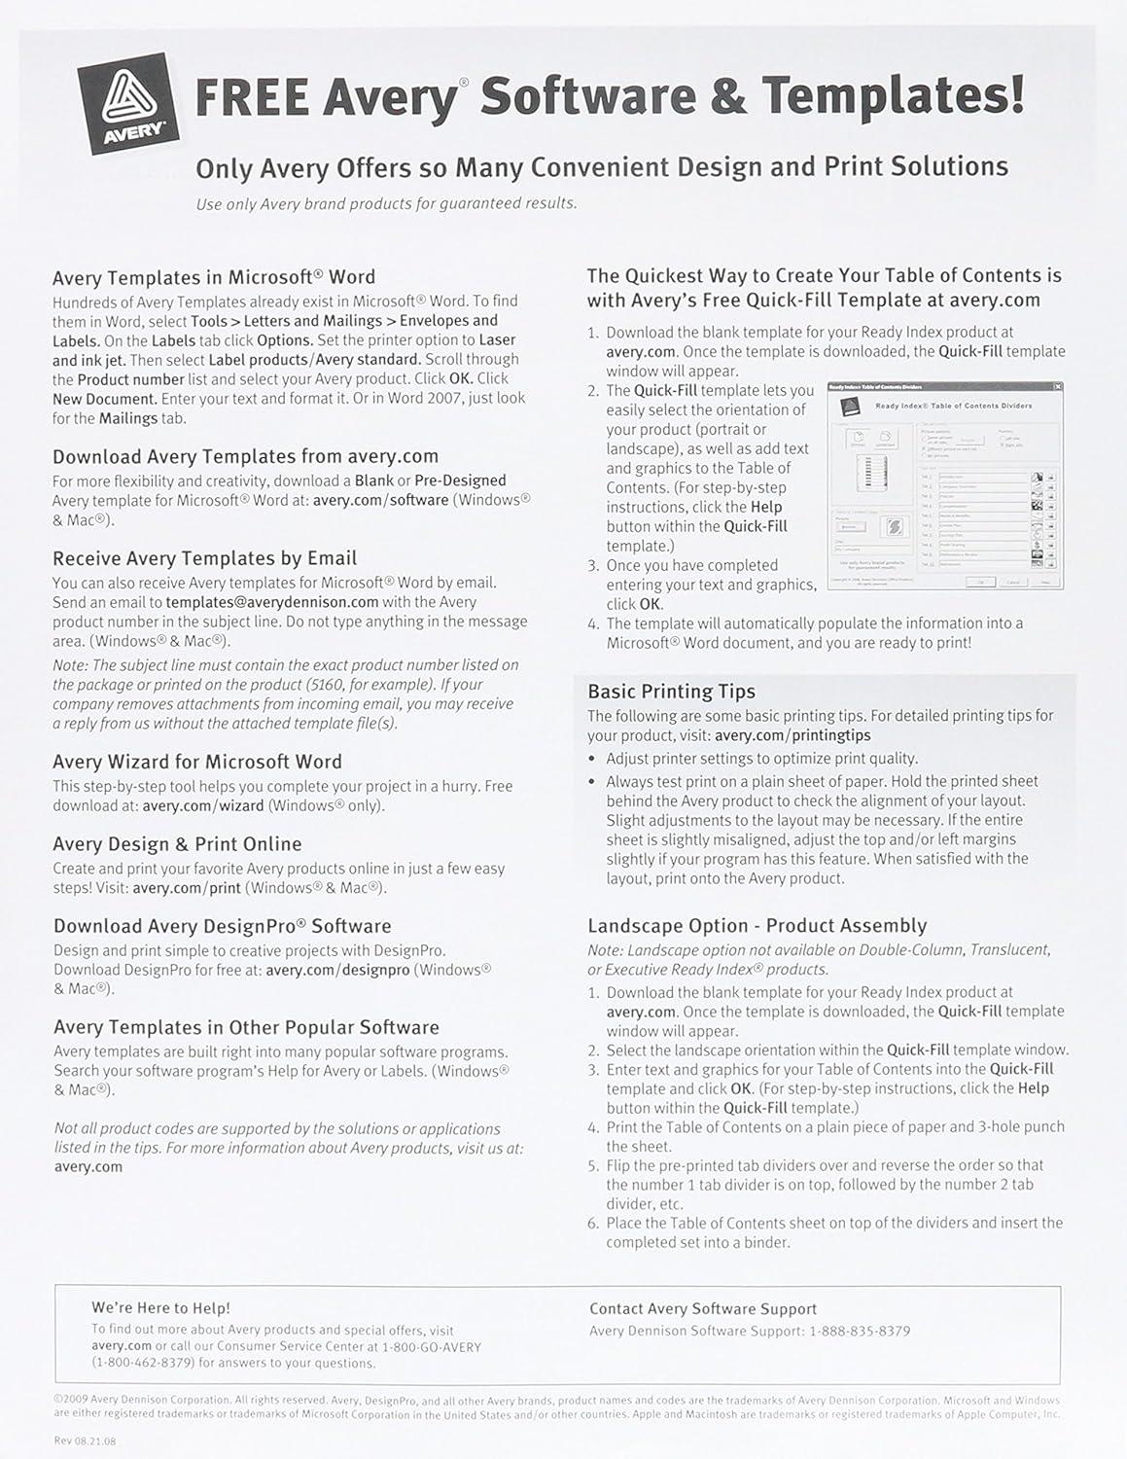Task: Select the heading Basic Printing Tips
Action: coord(671,692)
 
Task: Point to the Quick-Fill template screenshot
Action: coord(944,485)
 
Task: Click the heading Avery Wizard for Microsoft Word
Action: coord(197,762)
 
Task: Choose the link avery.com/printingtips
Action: coord(792,735)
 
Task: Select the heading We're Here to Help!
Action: coord(160,1308)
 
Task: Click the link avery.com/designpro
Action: coord(337,970)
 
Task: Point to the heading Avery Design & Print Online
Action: coord(177,844)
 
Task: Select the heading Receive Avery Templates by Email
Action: coord(205,558)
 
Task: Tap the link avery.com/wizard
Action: coord(203,805)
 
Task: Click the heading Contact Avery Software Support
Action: coord(703,1309)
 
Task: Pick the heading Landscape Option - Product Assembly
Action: coord(757,926)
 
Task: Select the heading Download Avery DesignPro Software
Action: coord(223,926)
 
